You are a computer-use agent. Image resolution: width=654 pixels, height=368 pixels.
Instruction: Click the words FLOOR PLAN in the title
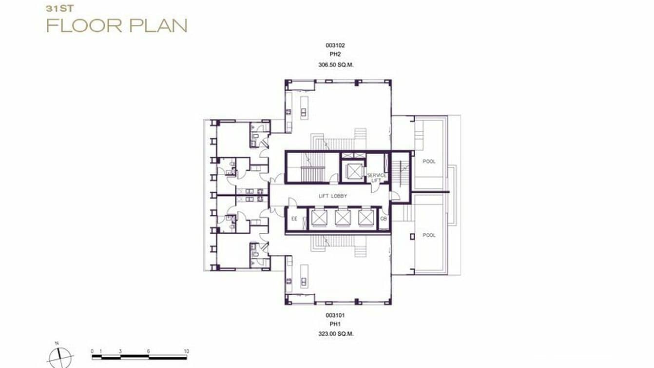tap(116, 25)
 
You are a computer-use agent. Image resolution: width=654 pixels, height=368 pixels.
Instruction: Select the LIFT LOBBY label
tap(333, 196)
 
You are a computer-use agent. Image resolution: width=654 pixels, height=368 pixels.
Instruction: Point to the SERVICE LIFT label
tap(377, 178)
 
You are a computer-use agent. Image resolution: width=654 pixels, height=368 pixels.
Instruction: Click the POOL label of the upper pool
tap(429, 162)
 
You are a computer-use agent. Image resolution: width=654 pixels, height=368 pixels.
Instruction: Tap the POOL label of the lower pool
tap(429, 235)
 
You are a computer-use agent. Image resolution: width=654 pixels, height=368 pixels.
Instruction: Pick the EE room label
tap(294, 219)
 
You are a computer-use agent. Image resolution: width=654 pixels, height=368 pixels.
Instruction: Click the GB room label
tap(384, 219)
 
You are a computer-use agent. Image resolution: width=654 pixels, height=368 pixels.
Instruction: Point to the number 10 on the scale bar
tap(186, 351)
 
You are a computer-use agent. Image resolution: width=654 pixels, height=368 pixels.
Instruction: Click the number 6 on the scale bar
tap(149, 351)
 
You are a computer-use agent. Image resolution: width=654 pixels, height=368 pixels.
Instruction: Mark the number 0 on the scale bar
tap(92, 351)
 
